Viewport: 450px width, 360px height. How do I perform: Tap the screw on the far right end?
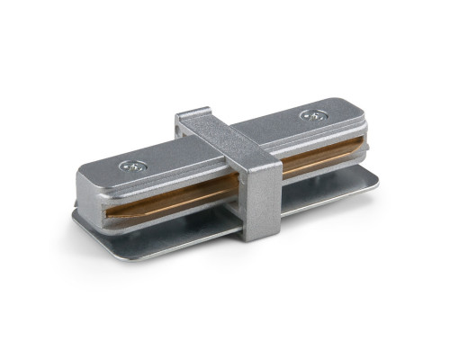click(x=310, y=115)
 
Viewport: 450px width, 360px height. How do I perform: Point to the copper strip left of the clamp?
click(x=171, y=202)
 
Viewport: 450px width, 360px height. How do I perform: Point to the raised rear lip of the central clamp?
click(x=193, y=114)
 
